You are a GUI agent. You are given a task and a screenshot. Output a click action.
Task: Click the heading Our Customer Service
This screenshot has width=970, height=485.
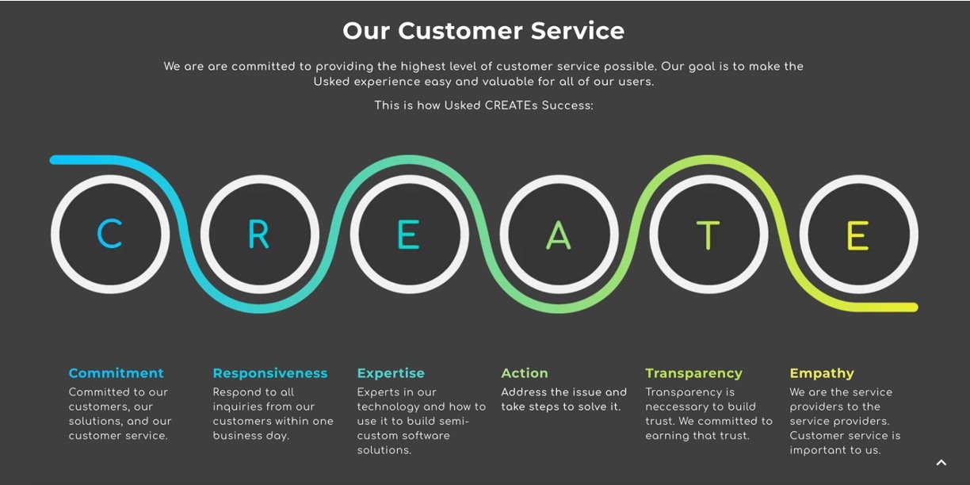coord(483,31)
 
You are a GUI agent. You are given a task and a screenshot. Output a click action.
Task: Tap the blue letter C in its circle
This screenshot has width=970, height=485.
coord(109,234)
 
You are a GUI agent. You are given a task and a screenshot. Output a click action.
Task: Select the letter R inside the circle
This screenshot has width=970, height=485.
coord(258,234)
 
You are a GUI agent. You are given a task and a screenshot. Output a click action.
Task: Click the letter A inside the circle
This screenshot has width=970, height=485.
coord(558,235)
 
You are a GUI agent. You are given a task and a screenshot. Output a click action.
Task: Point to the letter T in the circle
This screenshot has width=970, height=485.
coord(708,235)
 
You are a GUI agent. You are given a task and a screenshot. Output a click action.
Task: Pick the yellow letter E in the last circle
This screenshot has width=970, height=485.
coord(857,235)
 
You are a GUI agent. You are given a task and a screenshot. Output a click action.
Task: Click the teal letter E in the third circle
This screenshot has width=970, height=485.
coord(408,235)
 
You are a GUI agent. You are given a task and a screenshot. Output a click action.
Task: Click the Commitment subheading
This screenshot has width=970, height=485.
coord(116,372)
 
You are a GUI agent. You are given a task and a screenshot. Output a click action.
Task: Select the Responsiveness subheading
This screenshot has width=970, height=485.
coord(269,373)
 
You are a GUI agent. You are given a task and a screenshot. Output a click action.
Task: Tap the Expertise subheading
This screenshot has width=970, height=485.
coord(391,373)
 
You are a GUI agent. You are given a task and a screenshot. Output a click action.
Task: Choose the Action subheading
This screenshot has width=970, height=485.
coord(525,372)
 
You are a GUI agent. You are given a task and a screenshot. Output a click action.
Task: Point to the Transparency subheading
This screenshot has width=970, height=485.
coord(693,373)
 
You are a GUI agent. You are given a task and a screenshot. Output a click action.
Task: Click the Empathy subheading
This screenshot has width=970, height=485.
coord(822,373)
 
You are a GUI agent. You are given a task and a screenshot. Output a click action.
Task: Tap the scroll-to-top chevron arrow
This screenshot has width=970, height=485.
coord(941,463)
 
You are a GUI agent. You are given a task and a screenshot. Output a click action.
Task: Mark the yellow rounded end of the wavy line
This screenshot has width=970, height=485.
coord(913,307)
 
